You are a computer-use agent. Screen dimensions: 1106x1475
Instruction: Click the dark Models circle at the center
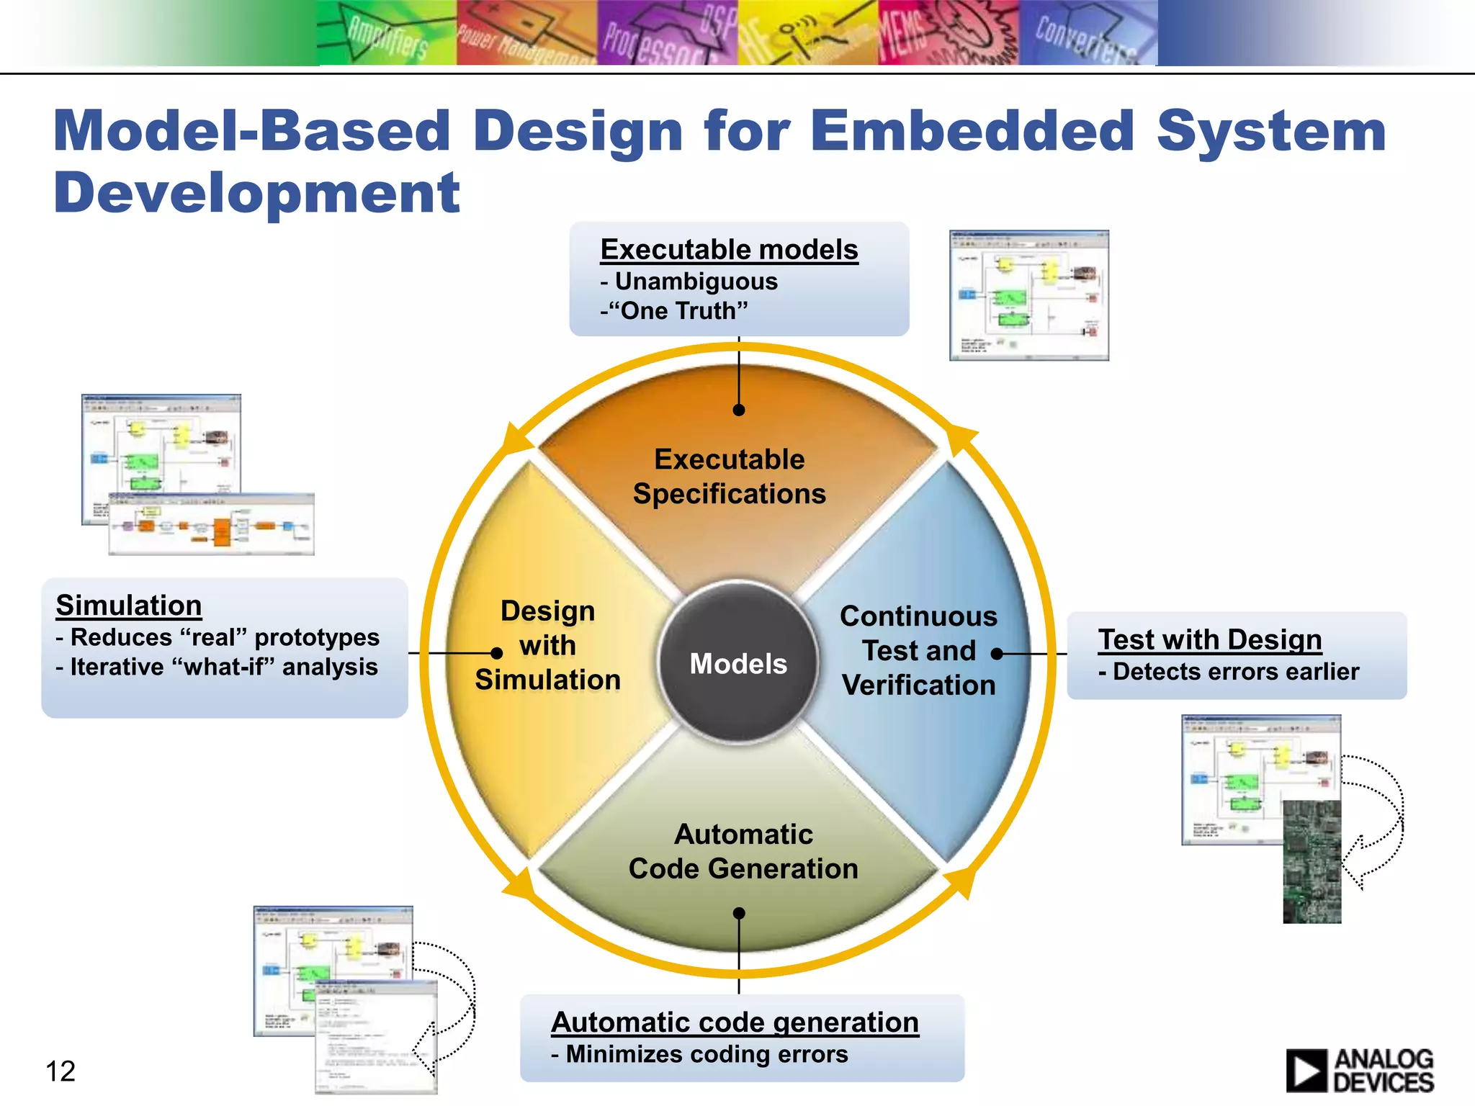pos(738,663)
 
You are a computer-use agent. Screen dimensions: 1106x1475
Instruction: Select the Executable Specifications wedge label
pos(729,477)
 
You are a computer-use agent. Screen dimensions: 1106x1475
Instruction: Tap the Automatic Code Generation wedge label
pos(743,851)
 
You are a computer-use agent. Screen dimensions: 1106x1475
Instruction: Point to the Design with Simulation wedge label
pos(547,645)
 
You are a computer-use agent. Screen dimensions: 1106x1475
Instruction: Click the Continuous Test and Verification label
pos(918,651)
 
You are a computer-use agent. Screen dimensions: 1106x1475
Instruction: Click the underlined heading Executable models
pos(729,250)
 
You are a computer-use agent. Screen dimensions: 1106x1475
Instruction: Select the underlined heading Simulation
pos(129,606)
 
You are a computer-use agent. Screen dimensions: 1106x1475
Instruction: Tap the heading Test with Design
pos(1209,639)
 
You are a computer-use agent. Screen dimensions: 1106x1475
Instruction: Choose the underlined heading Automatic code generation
pos(735,1022)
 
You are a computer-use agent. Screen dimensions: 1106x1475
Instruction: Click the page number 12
pos(60,1071)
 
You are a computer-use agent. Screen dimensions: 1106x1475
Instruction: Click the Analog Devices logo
pos(1360,1070)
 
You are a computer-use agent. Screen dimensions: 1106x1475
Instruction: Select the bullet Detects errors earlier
pos(1234,672)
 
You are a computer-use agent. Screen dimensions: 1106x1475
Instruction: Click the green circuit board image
pos(1312,861)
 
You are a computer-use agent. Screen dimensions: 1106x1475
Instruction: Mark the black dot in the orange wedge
pos(739,410)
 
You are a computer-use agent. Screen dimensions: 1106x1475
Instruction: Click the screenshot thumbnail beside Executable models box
pos(1028,295)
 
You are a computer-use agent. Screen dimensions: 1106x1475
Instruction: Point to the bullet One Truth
pos(677,311)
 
